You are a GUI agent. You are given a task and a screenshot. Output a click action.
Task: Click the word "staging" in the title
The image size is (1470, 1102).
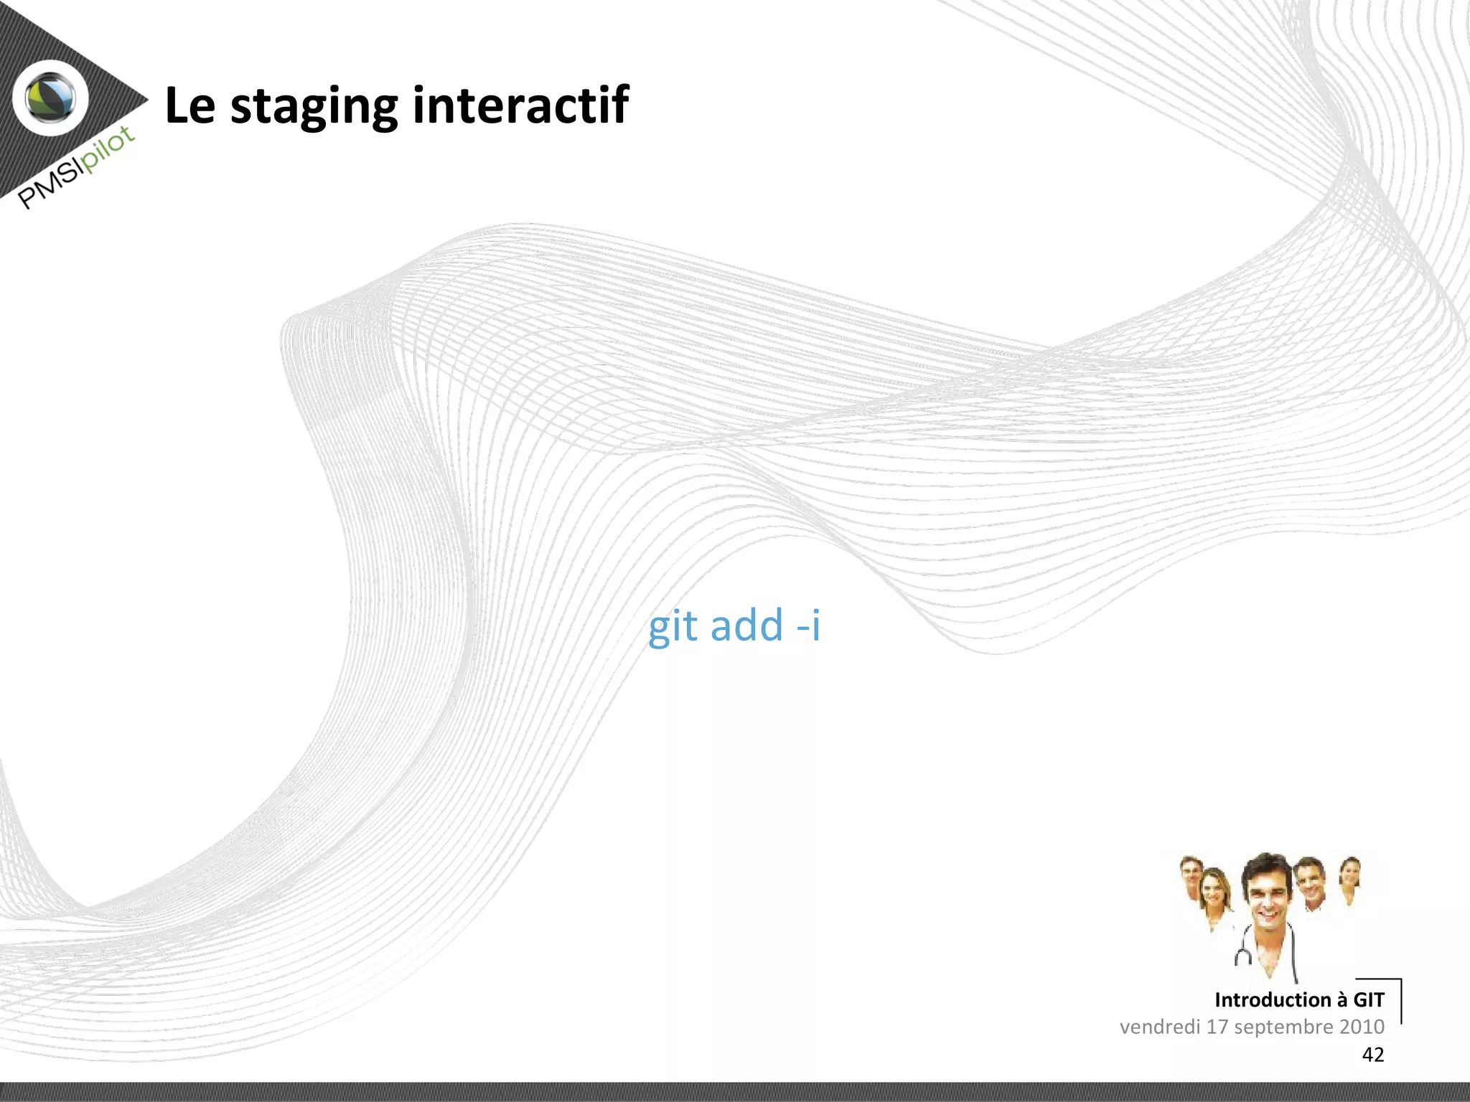tap(314, 107)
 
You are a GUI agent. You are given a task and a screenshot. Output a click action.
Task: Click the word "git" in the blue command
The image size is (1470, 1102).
tap(673, 626)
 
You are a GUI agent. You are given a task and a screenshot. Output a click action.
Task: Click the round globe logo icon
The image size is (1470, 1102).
tap(51, 98)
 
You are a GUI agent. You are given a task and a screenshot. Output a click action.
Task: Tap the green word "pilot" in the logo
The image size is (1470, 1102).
tap(108, 149)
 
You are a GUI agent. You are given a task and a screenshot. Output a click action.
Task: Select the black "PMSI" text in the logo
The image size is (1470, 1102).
tap(49, 185)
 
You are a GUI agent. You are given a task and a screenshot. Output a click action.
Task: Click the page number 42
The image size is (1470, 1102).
tap(1372, 1055)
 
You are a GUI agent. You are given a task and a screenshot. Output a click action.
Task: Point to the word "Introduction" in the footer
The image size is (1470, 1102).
tap(1273, 999)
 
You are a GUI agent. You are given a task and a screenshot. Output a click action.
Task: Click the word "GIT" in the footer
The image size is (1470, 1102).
tap(1368, 999)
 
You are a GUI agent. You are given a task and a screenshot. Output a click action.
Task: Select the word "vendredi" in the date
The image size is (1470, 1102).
tap(1160, 1027)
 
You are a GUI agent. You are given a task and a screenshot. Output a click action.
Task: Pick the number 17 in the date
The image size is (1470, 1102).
tap(1217, 1027)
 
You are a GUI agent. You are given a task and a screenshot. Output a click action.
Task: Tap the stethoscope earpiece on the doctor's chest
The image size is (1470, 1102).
tap(1243, 956)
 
